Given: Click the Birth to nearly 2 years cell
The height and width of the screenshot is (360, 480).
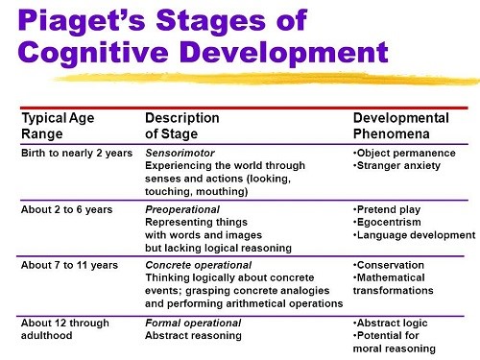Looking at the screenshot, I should (74, 153).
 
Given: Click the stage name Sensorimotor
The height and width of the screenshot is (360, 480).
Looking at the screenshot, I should (179, 153).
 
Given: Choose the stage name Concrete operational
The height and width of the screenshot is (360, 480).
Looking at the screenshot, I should (198, 264).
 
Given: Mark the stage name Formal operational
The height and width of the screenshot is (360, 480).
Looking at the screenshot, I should (190, 323).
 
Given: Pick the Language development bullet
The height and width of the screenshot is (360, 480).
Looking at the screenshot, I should (414, 234).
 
